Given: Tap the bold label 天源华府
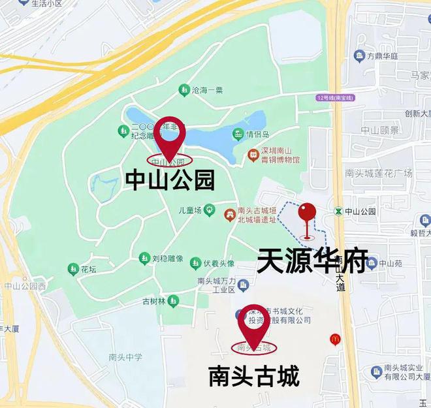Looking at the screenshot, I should click(312, 260).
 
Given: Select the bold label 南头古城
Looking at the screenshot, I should click(253, 376).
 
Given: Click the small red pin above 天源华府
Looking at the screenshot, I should click(307, 213).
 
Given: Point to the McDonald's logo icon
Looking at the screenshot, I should click(334, 339).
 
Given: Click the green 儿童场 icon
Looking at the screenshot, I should click(209, 210).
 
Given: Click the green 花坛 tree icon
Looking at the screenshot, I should click(72, 268).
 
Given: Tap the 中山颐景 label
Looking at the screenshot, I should click(379, 130).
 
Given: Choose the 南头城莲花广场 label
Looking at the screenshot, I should click(379, 173).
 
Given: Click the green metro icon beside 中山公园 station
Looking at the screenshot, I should click(338, 211).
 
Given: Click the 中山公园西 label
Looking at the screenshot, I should click(24, 286).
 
